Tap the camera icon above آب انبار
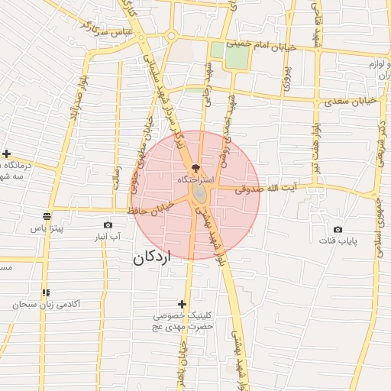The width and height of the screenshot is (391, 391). coord(108,225)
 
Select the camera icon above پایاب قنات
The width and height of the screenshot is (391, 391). coord(338,229)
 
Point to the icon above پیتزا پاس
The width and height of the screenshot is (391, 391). coord(47,216)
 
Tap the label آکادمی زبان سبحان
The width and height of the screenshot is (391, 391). coord(47,304)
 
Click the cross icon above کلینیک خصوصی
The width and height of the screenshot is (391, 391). coord(181,304)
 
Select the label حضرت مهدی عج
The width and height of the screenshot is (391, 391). coord(182,326)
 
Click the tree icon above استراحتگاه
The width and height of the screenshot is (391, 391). coord(196,166)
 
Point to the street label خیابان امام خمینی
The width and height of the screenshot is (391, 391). coord(267,44)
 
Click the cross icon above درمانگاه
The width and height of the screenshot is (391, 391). coord(6,153)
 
